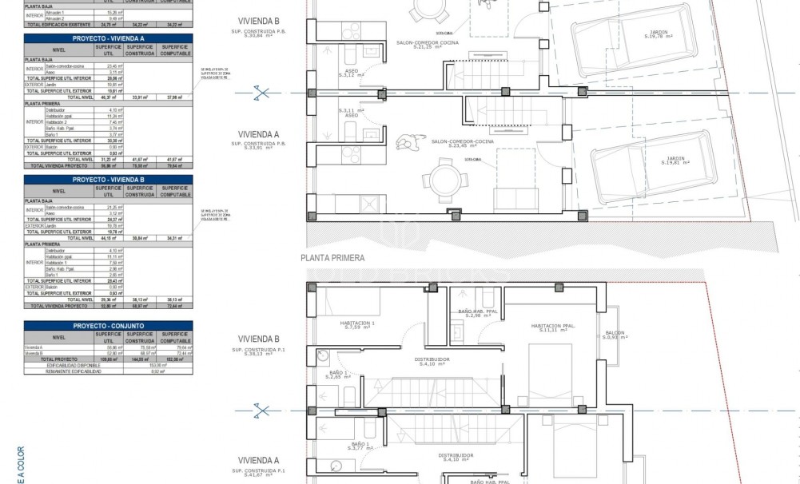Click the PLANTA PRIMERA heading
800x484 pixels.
[332, 258]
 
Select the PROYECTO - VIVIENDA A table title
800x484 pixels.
[108, 38]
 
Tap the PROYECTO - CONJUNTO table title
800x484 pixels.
[108, 326]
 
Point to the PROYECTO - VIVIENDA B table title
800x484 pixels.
[108, 180]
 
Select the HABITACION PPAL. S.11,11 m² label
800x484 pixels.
[553, 328]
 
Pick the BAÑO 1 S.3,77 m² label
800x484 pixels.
[360, 446]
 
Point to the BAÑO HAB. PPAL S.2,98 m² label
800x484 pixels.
[478, 313]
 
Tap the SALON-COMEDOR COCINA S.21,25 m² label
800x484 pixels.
[426, 46]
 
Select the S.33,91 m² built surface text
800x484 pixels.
[253, 146]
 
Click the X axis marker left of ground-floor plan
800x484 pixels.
[261, 94]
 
